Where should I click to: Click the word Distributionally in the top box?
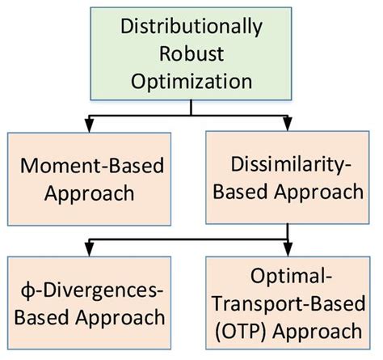pos(191,27)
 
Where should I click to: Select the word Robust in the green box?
pos(191,54)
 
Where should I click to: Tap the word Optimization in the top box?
pos(191,81)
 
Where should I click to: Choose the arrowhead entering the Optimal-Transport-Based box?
pos(287,248)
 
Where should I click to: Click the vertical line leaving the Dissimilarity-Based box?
pos(287,231)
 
